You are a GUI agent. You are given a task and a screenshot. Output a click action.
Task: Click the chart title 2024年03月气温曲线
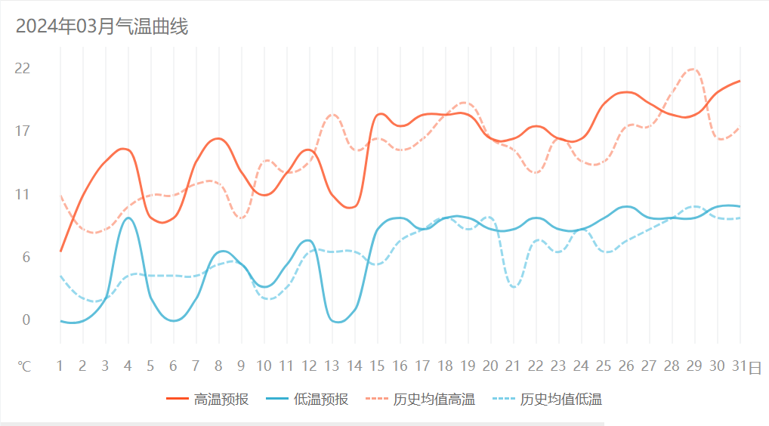[x=102, y=27]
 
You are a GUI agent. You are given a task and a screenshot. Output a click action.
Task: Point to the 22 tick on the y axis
[x=23, y=69]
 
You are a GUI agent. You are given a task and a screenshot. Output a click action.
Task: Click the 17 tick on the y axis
[x=23, y=131]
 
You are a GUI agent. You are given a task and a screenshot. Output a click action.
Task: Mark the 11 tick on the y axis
[x=23, y=194]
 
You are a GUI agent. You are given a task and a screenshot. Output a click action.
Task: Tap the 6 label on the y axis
[x=25, y=258]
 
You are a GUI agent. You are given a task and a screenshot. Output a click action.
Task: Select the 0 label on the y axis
[x=25, y=320]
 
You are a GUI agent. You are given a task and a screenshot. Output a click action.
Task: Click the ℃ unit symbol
[x=25, y=366]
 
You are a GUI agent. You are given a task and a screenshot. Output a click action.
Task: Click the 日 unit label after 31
[x=755, y=367]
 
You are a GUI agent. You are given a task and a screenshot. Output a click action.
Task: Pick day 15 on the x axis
[x=377, y=366]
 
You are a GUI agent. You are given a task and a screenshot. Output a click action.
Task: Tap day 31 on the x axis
[x=740, y=366]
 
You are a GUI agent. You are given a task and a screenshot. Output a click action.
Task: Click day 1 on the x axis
[x=60, y=366]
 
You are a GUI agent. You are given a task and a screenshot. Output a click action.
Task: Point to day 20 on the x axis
[x=490, y=366]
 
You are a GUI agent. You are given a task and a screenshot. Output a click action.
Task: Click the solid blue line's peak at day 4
[x=128, y=218]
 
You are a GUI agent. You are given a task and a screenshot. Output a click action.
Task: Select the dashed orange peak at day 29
[x=693, y=69]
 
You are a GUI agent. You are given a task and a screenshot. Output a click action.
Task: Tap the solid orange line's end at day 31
[x=740, y=81]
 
